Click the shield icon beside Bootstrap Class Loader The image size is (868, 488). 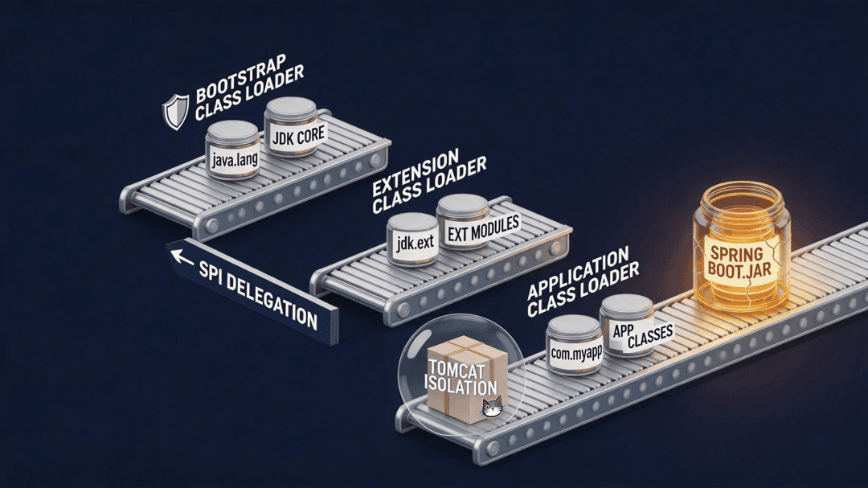click(175, 111)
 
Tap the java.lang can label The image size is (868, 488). click(234, 161)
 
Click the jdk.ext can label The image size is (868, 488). click(415, 242)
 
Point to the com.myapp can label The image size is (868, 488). click(575, 352)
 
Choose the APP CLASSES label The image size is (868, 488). click(643, 334)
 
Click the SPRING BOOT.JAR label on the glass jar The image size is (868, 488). click(740, 263)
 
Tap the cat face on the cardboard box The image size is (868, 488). click(492, 407)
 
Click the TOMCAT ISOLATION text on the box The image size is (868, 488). click(461, 378)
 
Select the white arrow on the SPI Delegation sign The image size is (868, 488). click(182, 257)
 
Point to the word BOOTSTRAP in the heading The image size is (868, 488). click(241, 78)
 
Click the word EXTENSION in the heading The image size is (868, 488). click(416, 173)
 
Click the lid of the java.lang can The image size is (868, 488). click(232, 131)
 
